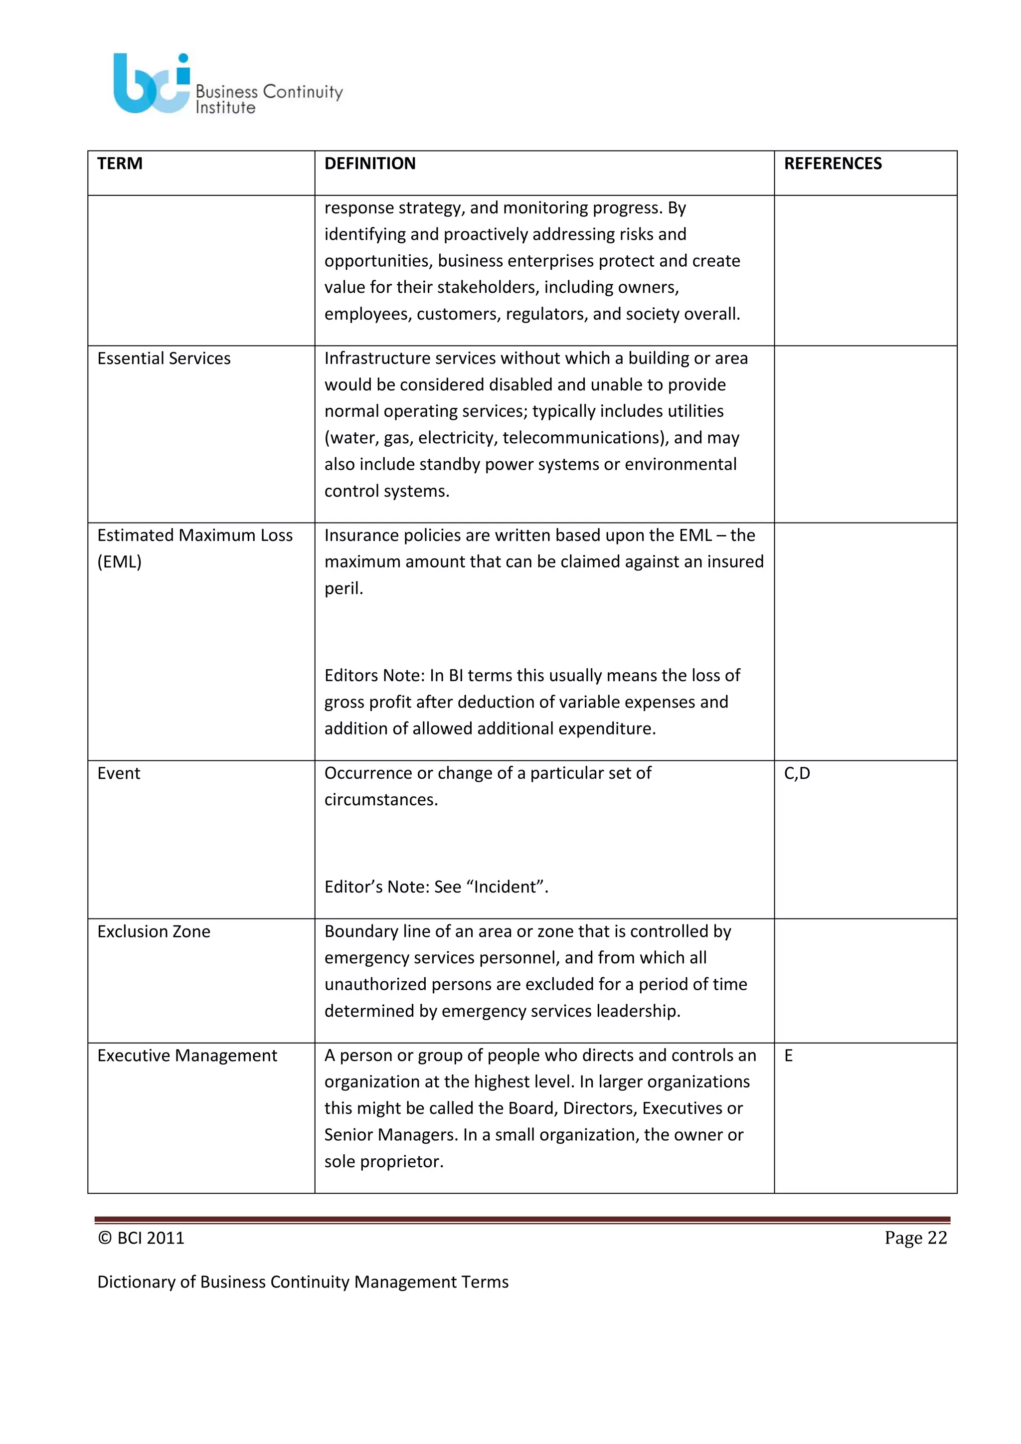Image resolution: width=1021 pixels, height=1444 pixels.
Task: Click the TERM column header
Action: pos(120,164)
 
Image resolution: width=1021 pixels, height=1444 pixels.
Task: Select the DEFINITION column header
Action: pos(370,164)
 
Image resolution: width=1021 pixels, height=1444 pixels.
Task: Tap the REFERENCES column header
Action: pos(833,164)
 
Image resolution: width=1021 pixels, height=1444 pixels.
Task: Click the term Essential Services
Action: pos(164,359)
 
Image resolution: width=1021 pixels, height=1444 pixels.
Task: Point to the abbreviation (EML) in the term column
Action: pos(120,561)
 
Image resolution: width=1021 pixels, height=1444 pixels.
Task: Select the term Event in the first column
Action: pos(118,773)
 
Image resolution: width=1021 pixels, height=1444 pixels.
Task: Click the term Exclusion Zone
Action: pos(154,931)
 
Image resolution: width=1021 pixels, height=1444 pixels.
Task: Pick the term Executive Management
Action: pos(187,1056)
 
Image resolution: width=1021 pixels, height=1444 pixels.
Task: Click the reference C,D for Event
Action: pos(797,773)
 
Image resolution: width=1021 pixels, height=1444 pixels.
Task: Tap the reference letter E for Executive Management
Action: pos(788,1056)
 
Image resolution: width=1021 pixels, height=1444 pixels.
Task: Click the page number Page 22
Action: pos(915,1238)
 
